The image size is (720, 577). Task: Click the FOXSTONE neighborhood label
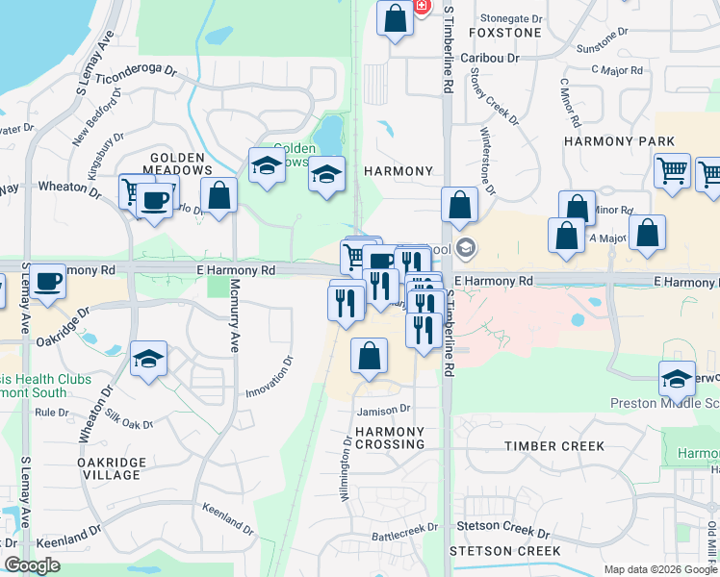pyautogui.click(x=504, y=32)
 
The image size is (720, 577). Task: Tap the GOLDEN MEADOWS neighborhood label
pyautogui.click(x=177, y=163)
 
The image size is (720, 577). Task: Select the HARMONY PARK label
pyautogui.click(x=619, y=141)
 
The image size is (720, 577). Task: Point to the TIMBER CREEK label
pyautogui.click(x=555, y=446)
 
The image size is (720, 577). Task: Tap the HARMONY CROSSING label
pyautogui.click(x=390, y=438)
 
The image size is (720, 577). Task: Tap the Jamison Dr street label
pyautogui.click(x=384, y=410)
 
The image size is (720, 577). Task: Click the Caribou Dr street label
pyautogui.click(x=489, y=58)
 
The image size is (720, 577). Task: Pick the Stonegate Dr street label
pyautogui.click(x=518, y=18)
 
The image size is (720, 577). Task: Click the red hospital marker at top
pyautogui.click(x=422, y=6)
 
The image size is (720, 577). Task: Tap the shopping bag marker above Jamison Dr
pyautogui.click(x=369, y=356)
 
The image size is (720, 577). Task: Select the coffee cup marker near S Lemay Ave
pyautogui.click(x=46, y=282)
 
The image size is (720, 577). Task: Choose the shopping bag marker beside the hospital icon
pyautogui.click(x=395, y=18)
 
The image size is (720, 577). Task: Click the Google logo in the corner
pyautogui.click(x=32, y=565)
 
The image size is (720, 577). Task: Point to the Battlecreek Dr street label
pyautogui.click(x=405, y=528)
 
